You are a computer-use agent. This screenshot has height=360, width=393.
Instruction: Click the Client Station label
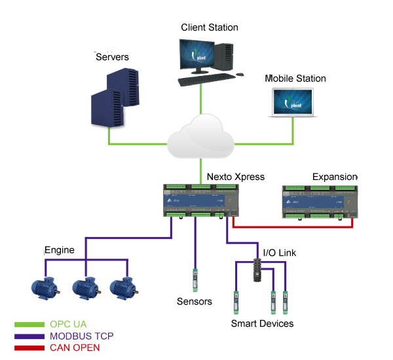209,27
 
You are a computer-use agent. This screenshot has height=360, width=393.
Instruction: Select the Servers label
113,57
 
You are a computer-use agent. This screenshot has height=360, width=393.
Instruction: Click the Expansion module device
320,201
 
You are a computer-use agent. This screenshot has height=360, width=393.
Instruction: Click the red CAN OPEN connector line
295,226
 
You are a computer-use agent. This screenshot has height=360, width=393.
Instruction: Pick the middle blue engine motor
84,287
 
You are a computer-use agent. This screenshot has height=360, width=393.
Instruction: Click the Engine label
60,250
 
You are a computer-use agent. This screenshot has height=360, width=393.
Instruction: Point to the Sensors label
195,302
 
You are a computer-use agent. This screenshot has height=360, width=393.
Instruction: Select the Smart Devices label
262,323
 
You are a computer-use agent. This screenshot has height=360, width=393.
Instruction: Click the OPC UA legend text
68,324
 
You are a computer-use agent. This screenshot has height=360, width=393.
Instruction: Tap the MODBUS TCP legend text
82,336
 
